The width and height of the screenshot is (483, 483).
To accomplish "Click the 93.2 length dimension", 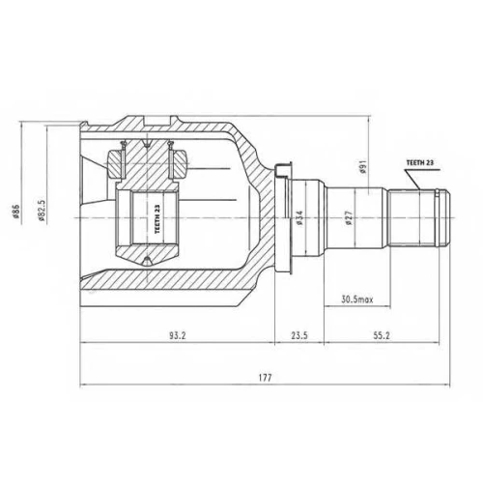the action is [x=178, y=335].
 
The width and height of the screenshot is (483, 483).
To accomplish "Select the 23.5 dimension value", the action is [x=299, y=335].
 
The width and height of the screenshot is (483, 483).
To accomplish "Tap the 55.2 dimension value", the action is [x=382, y=335].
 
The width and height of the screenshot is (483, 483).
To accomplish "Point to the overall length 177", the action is [x=265, y=378].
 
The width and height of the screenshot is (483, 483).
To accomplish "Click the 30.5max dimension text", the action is [x=357, y=299].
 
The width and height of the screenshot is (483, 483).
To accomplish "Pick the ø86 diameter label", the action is [x=16, y=213].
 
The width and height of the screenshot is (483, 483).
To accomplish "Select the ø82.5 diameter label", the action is [x=42, y=211].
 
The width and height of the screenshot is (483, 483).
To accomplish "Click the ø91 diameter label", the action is [x=363, y=167].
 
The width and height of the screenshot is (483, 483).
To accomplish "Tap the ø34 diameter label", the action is [x=299, y=217].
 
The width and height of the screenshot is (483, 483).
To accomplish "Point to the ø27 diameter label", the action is [x=349, y=217].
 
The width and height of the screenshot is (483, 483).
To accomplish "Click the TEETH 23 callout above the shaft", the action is [x=420, y=163].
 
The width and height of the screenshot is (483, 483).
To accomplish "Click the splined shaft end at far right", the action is [x=418, y=218].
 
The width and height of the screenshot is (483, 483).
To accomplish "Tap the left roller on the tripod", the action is [x=115, y=164].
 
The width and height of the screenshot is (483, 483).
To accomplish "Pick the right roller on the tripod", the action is [x=178, y=164].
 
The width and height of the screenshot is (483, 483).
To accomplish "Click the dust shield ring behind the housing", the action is [x=282, y=218].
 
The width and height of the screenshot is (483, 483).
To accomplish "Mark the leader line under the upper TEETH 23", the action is [x=413, y=180].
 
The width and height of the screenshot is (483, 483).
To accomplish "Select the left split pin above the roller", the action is [x=123, y=159].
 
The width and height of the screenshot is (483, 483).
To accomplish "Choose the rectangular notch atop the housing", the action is [x=156, y=121].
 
